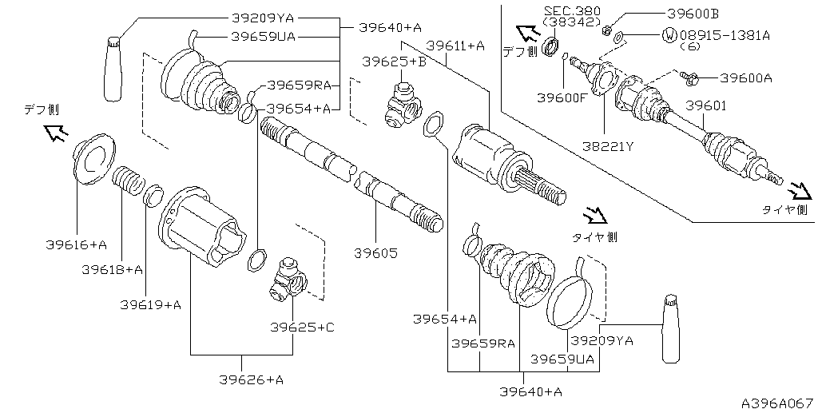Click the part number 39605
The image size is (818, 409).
click(x=375, y=253)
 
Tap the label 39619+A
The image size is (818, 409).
click(x=151, y=304)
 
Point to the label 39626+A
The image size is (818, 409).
click(x=251, y=379)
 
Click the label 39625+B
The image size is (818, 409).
click(x=394, y=62)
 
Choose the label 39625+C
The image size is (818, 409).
click(x=302, y=327)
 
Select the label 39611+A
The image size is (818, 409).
click(x=455, y=46)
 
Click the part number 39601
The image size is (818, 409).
click(x=705, y=105)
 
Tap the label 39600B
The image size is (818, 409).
click(x=692, y=14)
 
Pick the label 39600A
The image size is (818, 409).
click(x=746, y=78)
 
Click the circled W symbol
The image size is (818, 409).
click(x=669, y=35)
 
